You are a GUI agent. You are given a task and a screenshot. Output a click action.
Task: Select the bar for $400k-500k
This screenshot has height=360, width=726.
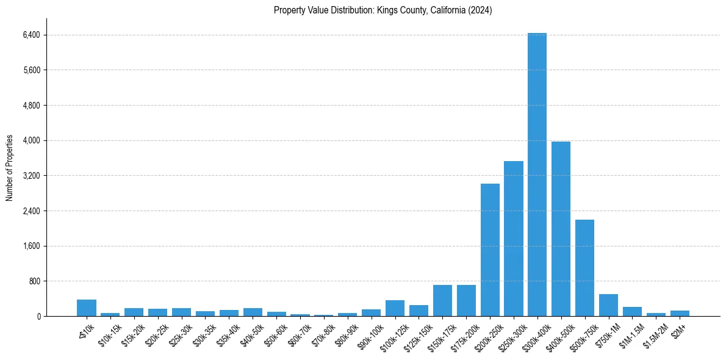coord(561,229)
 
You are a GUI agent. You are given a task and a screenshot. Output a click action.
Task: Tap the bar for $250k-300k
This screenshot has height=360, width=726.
coord(514,239)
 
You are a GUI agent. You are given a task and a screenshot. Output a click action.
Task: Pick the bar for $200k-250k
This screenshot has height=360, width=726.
coord(490,250)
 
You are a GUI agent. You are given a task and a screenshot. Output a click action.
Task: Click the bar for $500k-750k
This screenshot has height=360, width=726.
coord(584,268)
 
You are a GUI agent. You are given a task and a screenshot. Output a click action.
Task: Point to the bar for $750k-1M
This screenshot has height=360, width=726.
coord(608,305)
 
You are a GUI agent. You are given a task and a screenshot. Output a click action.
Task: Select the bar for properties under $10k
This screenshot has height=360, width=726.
coord(87,308)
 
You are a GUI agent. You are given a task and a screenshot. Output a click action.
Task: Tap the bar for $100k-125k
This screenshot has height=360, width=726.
coord(395,308)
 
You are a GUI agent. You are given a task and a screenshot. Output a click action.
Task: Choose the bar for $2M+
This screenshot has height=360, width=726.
coord(680,313)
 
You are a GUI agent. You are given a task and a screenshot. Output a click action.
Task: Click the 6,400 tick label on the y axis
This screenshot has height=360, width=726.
coord(31,35)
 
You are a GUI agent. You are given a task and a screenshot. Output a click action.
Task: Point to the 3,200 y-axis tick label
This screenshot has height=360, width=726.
coord(31,176)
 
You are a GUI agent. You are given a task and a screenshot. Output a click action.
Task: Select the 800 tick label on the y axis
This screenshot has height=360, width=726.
coord(34,281)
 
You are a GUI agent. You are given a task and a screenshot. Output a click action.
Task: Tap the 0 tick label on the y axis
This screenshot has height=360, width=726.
coord(38,316)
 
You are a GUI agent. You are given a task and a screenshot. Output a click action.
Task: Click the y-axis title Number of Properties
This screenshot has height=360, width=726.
coord(10,168)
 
